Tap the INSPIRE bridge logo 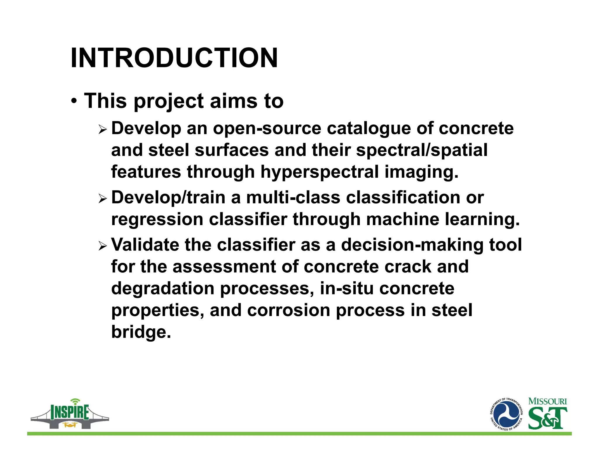pos(70,414)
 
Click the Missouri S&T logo pos(548,414)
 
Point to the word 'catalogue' pos(369,129)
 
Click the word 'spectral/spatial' pos(421,150)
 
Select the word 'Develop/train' pos(168,198)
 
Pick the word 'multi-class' pos(293,198)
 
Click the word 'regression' pos(157,220)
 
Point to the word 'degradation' pos(163,289)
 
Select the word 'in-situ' pos(347,289)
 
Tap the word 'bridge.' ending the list pos(141,332)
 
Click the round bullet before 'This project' pos(74,102)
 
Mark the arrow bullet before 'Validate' pos(103,246)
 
